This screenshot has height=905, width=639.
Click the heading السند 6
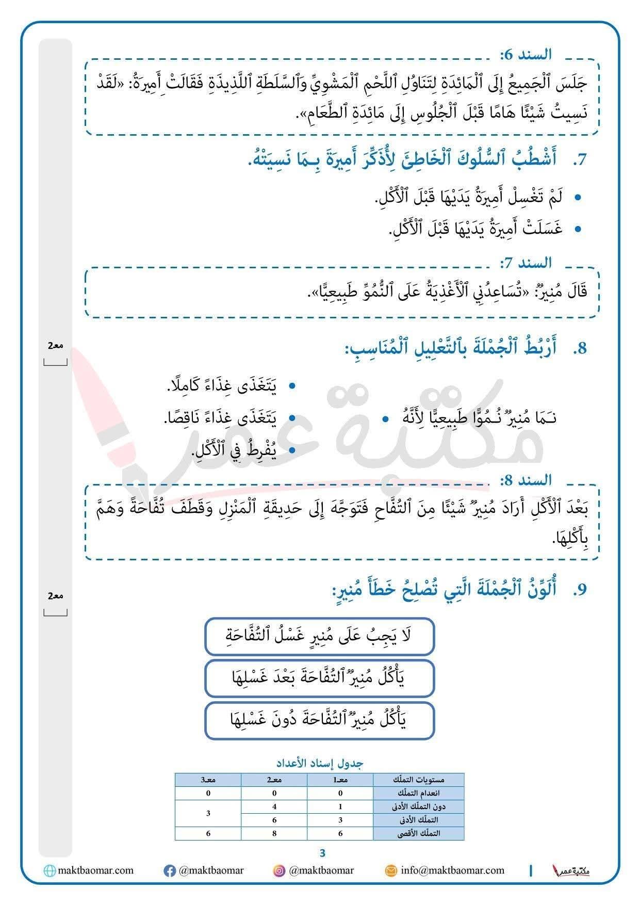pyautogui.click(x=526, y=54)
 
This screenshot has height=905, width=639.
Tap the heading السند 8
pyautogui.click(x=526, y=480)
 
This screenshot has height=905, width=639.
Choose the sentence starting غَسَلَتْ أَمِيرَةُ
pyautogui.click(x=475, y=228)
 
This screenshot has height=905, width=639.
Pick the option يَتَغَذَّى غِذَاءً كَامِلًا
pyautogui.click(x=222, y=386)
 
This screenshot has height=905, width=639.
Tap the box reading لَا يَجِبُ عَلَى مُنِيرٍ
pyautogui.click(x=320, y=636)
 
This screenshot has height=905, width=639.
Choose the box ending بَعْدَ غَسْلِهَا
pyautogui.click(x=320, y=678)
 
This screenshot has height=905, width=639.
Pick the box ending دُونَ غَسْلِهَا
pyautogui.click(x=320, y=720)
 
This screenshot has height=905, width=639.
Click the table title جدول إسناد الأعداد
pyautogui.click(x=319, y=763)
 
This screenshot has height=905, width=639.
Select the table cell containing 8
pyautogui.click(x=274, y=833)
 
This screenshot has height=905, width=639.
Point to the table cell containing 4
pyautogui.click(x=274, y=806)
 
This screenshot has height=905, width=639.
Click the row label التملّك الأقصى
pyautogui.click(x=418, y=833)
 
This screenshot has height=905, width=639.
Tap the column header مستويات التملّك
pyautogui.click(x=418, y=780)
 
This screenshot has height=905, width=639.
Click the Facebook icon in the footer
pyautogui.click(x=169, y=871)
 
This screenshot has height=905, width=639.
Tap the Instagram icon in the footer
pyautogui.click(x=279, y=871)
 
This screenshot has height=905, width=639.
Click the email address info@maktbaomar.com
pyautogui.click(x=452, y=870)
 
